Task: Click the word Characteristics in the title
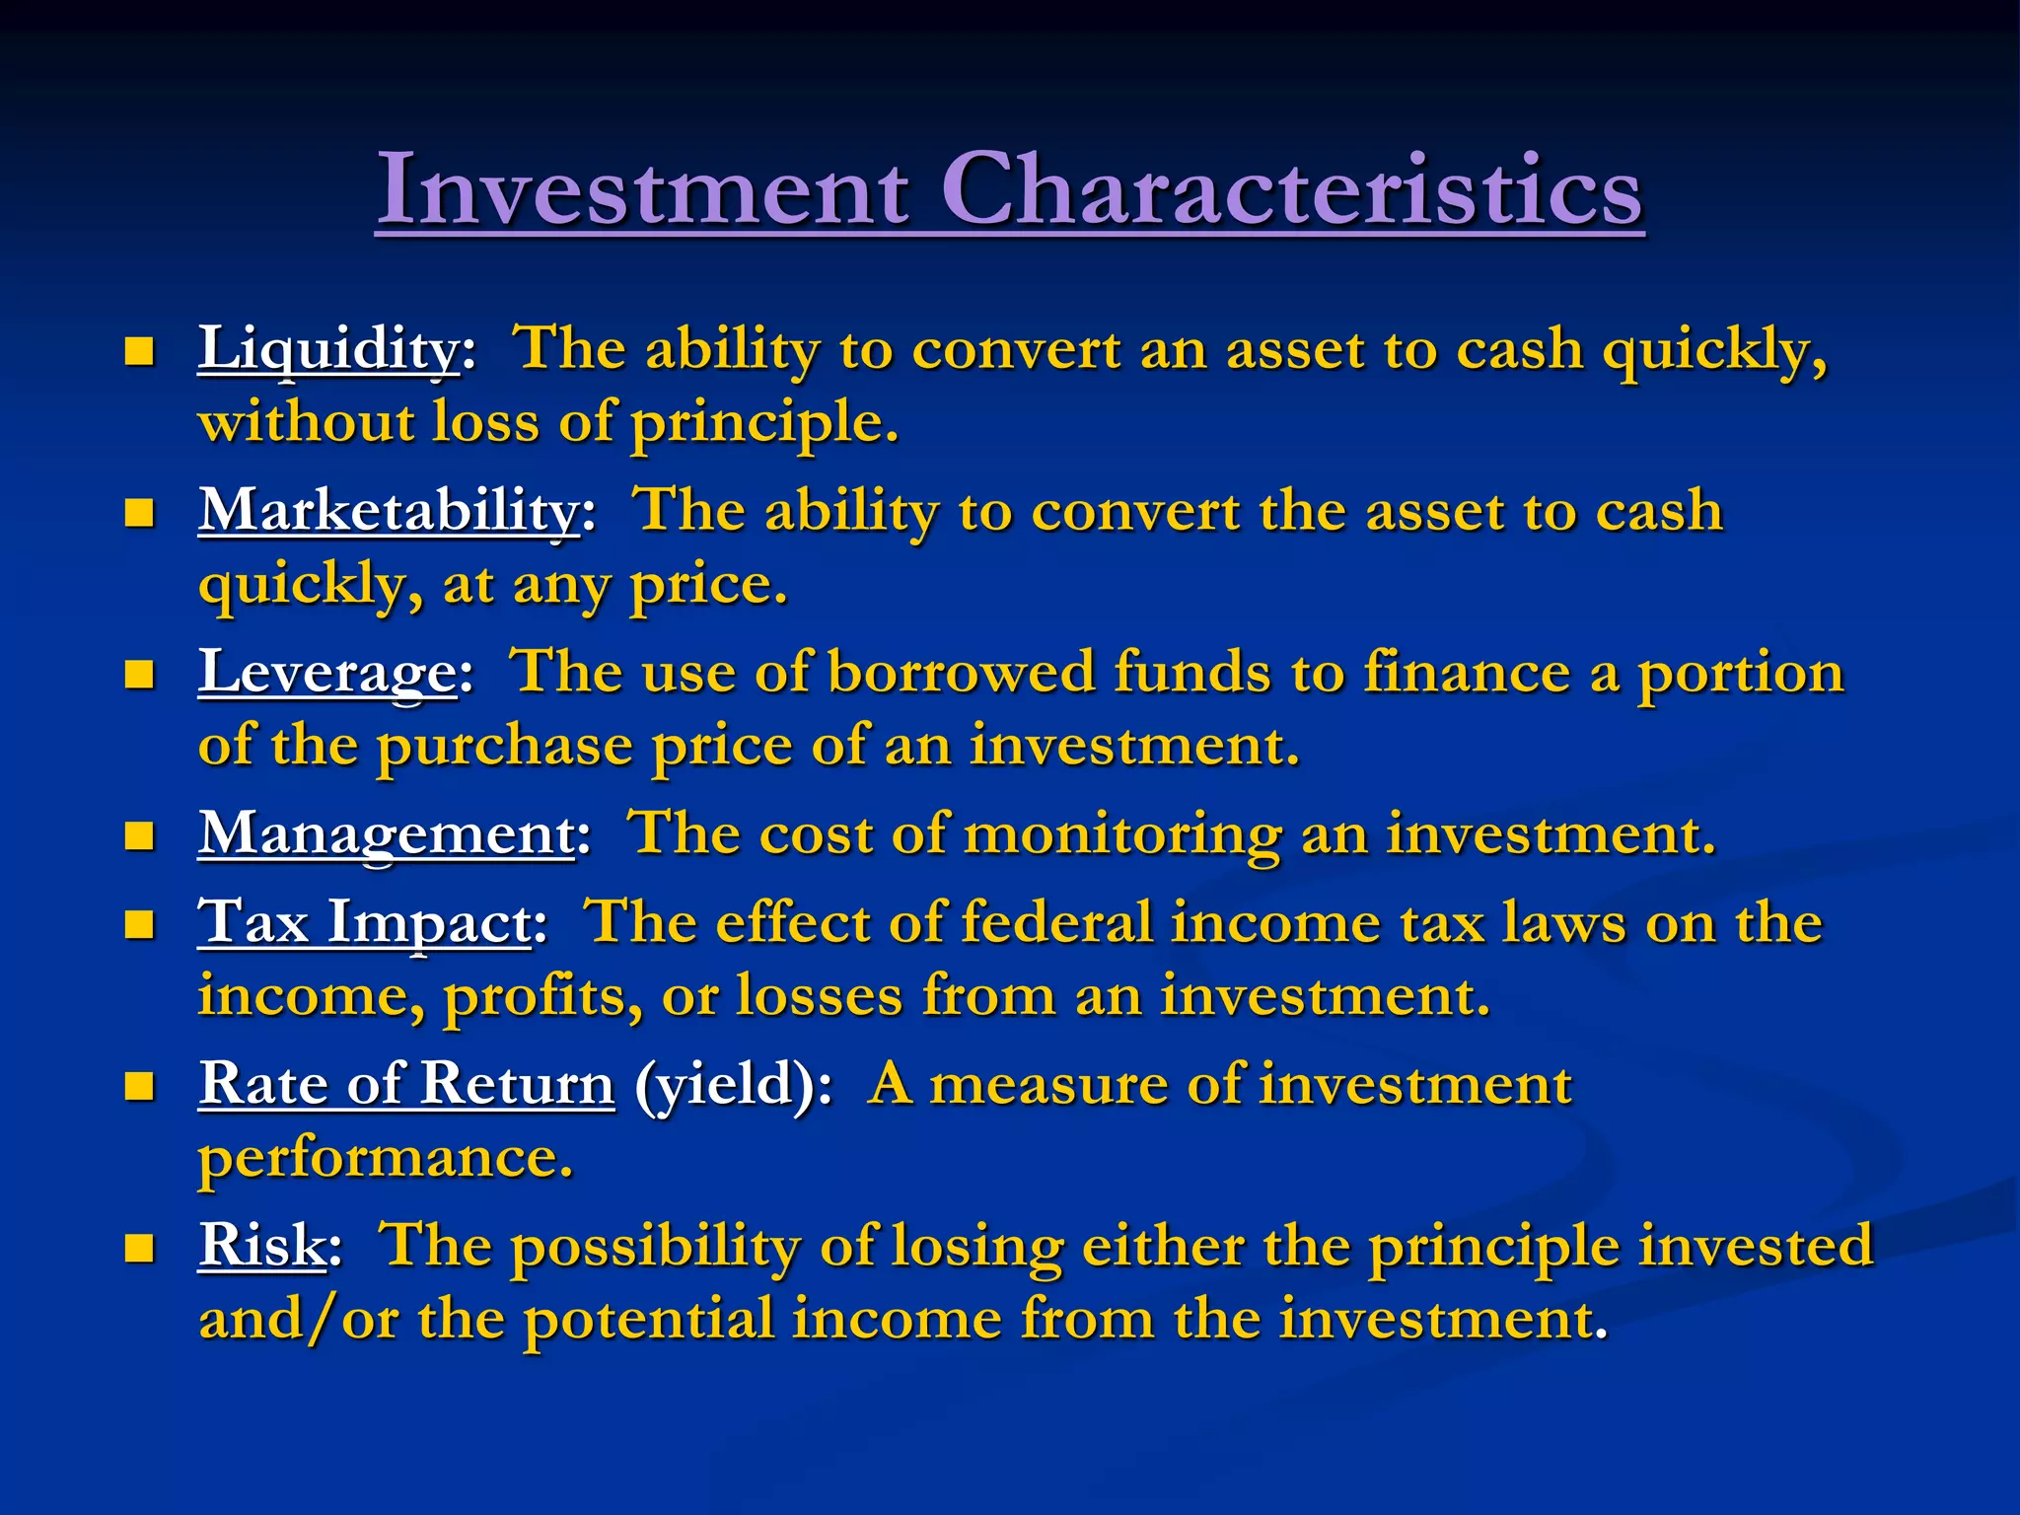1291,189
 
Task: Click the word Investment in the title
642,189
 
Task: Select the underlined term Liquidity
328,349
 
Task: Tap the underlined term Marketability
389,511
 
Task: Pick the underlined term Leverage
327,673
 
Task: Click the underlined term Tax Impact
365,922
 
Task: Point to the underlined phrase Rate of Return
406,1084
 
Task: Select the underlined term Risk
261,1245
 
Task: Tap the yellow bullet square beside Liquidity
140,351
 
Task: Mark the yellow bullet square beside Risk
140,1248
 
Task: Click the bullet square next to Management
140,836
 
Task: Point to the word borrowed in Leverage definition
961,673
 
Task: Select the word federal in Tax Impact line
1056,922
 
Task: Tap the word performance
385,1158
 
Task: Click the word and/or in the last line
298,1319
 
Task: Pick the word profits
542,996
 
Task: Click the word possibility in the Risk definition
656,1247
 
